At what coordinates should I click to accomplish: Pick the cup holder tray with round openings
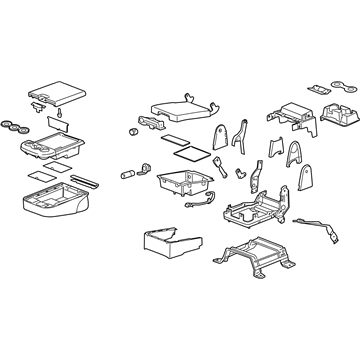click(53, 149)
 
